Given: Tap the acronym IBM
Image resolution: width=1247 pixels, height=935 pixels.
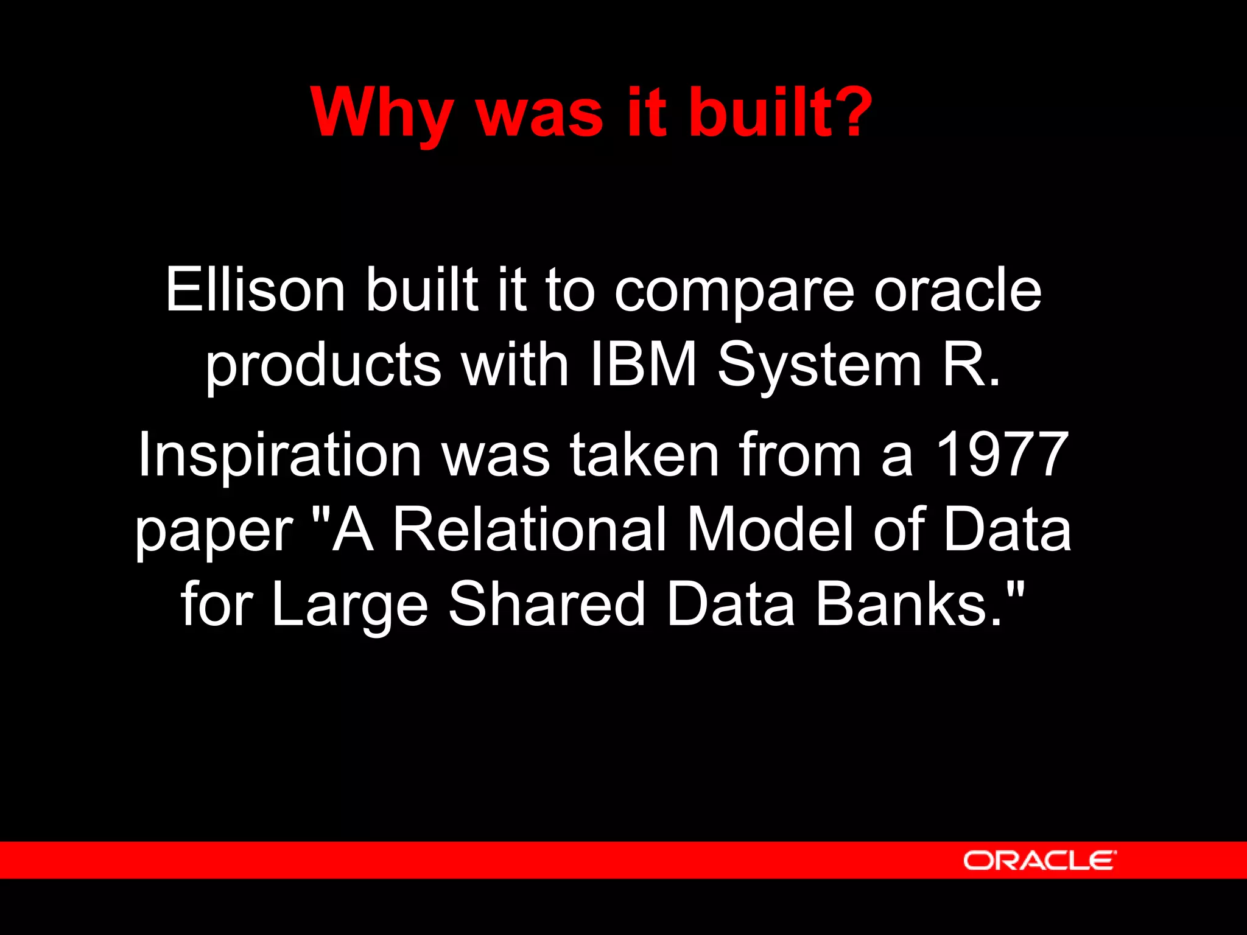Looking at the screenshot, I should pos(644,364).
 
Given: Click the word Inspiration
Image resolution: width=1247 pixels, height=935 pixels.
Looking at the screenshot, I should pos(279,456).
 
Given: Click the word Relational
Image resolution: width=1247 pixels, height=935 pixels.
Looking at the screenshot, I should pos(529,529).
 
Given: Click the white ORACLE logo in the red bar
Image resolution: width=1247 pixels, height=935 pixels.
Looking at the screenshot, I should pos(1039,860).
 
